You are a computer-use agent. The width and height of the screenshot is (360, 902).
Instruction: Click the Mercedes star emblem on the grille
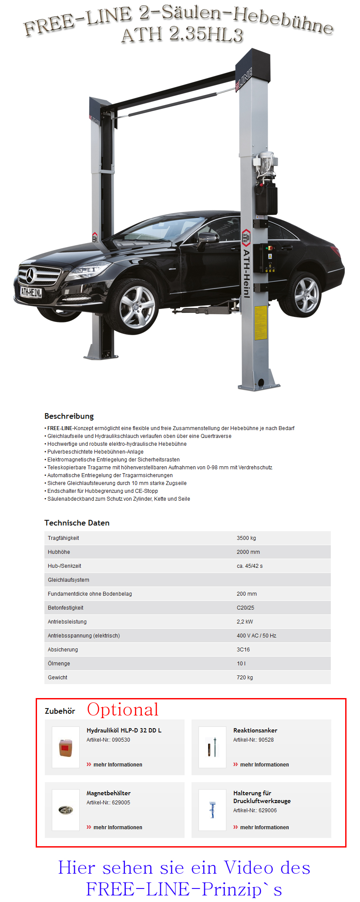click(x=30, y=275)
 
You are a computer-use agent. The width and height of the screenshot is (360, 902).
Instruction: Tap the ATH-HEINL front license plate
click(x=31, y=292)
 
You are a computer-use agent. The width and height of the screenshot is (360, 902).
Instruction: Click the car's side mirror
click(x=208, y=238)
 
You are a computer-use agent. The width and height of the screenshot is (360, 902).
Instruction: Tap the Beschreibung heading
click(x=69, y=416)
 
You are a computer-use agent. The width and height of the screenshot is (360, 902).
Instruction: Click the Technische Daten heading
click(x=77, y=523)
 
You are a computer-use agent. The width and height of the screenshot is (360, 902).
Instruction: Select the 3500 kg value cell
click(x=246, y=538)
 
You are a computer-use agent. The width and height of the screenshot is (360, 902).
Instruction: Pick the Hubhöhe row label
click(x=59, y=552)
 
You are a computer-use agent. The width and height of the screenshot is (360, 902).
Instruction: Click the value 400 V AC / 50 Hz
click(x=256, y=636)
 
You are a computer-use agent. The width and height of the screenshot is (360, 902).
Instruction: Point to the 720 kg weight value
click(x=245, y=678)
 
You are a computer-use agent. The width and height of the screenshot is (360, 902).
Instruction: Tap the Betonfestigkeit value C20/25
click(x=246, y=608)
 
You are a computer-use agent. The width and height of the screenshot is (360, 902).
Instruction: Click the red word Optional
click(x=123, y=709)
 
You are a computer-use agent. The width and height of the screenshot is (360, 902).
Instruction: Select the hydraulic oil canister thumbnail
click(x=66, y=747)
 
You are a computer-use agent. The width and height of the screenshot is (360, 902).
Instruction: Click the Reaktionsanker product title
click(x=255, y=730)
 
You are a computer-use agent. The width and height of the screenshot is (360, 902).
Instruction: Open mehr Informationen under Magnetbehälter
click(x=118, y=827)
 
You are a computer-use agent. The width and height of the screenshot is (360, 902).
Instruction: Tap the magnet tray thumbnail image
click(x=66, y=810)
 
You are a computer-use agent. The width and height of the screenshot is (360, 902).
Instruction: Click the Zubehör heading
click(x=60, y=711)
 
